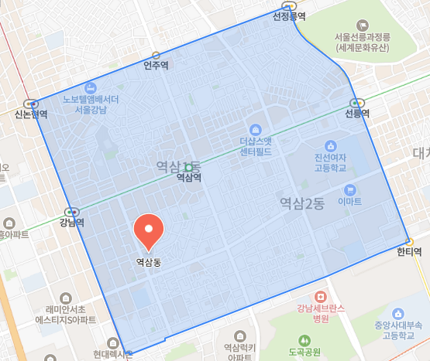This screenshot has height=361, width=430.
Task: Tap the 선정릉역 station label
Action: (x=289, y=15)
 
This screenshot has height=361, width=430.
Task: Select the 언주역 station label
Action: (x=156, y=66)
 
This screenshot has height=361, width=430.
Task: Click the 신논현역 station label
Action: (x=31, y=114)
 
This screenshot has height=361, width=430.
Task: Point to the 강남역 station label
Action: (x=71, y=223)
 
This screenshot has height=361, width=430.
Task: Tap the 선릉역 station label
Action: (x=356, y=113)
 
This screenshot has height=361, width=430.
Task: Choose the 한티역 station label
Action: (x=408, y=251)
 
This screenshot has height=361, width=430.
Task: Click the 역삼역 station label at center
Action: (x=188, y=177)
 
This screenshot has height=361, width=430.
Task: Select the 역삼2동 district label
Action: (x=301, y=203)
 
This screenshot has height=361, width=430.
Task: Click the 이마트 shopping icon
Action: (x=350, y=189)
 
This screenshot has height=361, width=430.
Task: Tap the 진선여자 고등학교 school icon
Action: (x=331, y=146)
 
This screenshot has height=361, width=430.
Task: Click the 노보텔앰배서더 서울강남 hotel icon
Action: (x=91, y=87)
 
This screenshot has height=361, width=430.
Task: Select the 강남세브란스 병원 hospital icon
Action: (x=319, y=297)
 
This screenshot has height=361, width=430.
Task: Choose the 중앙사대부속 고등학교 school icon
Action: (x=397, y=314)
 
